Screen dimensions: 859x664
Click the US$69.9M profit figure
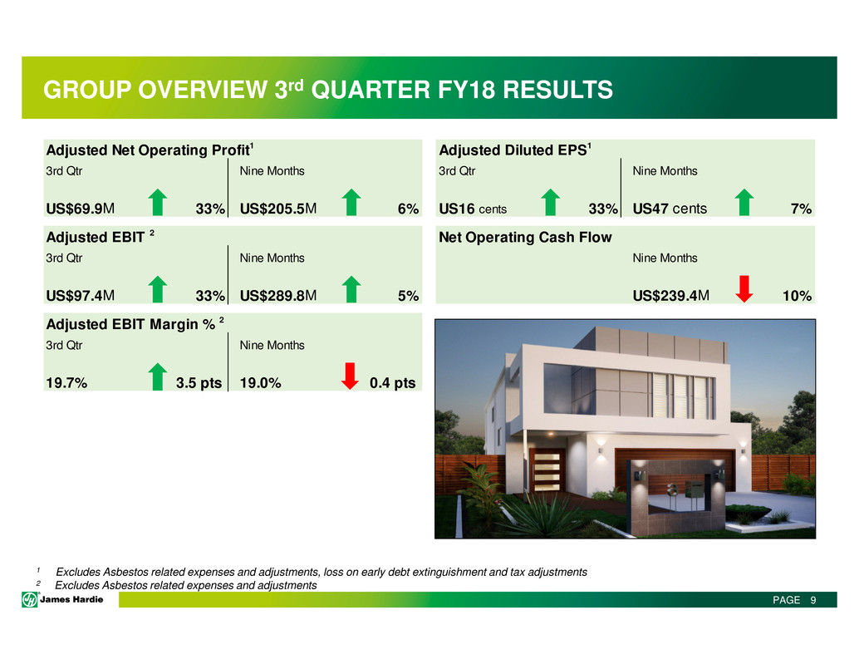[81, 209]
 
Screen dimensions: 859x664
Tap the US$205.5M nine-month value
[278, 209]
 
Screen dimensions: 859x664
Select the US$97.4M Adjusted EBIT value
[81, 296]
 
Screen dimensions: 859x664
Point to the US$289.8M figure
[278, 296]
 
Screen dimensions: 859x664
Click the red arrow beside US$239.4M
[744, 288]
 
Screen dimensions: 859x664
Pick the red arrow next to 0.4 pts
[350, 376]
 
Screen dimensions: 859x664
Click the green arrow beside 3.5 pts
[158, 376]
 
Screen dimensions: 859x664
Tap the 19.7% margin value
[66, 383]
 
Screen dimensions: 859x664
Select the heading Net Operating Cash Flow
[525, 237]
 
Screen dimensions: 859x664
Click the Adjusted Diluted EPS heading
[515, 150]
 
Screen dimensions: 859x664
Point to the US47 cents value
[670, 209]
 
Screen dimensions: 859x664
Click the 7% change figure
[801, 209]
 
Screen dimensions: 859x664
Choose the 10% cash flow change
[797, 296]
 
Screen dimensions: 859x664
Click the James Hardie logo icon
[30, 600]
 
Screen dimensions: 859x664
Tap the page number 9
[813, 600]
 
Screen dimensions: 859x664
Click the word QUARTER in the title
[371, 90]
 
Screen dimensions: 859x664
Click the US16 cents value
[473, 209]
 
